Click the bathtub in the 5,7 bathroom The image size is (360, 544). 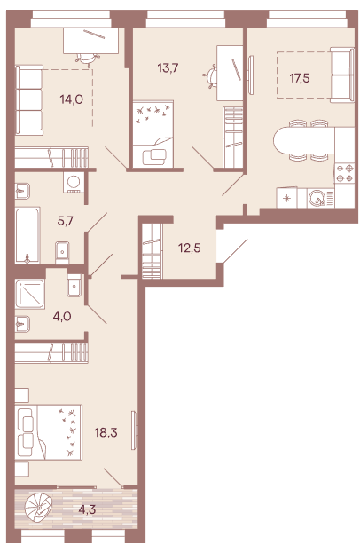pyautogui.click(x=27, y=233)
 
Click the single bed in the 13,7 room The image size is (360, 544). pyautogui.click(x=157, y=133)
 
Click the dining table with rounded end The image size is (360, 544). pyautogui.click(x=304, y=140)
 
